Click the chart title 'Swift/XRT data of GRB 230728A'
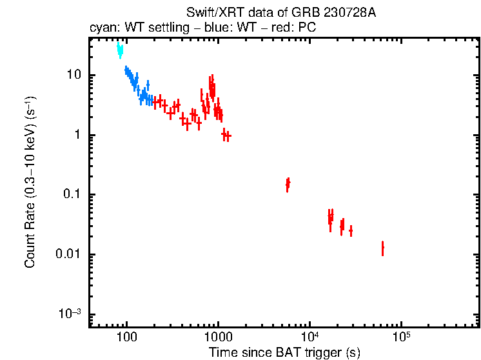coord(280,14)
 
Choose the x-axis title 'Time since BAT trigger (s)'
coord(284,352)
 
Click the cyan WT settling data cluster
coord(119,50)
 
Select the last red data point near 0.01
coord(382,248)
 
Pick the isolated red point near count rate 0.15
coord(288,185)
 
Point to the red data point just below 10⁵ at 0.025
coord(351,230)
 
